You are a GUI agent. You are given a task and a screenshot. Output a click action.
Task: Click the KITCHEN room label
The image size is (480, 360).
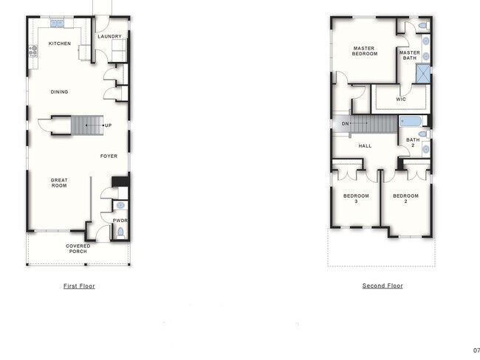pos(60,44)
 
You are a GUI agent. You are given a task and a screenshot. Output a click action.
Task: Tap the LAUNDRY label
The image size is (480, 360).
pos(109,36)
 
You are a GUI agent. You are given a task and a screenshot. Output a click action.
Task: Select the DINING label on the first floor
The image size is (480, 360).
pos(59,92)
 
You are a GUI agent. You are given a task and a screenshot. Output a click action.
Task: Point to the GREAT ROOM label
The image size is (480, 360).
pos(59,182)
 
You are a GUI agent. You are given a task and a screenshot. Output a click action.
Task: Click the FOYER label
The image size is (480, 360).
pos(109,156)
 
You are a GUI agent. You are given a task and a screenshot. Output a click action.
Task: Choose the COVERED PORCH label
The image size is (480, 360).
pos(78,249)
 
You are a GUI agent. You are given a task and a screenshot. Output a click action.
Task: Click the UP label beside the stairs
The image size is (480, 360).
pos(108,125)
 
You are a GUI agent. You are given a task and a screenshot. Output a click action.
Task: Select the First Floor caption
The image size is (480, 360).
pos(79,285)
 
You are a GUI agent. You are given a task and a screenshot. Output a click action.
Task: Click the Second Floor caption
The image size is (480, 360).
pos(383,285)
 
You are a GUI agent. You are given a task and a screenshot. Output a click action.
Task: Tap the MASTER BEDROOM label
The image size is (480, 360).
pos(363,52)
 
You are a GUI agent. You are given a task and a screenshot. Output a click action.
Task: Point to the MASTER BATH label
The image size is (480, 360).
pos(409,55)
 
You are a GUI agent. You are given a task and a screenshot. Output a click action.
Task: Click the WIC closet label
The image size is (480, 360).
pos(401,99)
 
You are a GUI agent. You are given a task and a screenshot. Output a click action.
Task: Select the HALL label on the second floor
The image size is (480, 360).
pos(365,146)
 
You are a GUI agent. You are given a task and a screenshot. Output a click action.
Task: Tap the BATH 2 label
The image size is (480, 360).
pos(412,142)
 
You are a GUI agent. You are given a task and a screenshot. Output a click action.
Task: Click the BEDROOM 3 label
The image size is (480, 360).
pos(355,198)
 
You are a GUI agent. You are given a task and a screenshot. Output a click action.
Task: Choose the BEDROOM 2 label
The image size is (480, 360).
pos(405,198)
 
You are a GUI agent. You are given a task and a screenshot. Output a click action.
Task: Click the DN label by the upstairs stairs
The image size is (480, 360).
pos(345,123)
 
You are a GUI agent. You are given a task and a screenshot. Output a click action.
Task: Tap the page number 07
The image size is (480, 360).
pos(476,350)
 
